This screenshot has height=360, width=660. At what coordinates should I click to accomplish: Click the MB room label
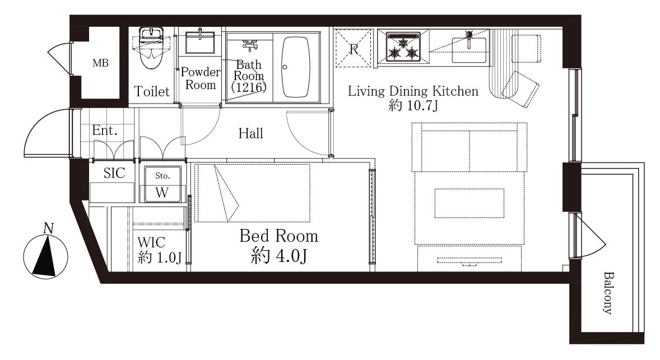[101, 63]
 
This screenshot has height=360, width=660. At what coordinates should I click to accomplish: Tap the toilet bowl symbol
[151, 48]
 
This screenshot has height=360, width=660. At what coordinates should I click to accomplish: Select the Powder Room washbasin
[200, 41]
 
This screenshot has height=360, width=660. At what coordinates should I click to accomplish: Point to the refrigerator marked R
[354, 48]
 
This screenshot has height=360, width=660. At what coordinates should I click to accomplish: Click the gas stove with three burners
[403, 46]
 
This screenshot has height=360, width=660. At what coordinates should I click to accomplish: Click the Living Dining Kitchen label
[413, 91]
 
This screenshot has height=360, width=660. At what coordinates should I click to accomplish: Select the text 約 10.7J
[413, 105]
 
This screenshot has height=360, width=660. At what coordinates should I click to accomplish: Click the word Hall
[250, 133]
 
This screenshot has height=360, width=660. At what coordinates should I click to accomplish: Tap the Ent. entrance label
[104, 130]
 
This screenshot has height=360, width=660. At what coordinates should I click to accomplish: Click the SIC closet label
[114, 173]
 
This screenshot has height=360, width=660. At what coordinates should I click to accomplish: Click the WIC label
[151, 242]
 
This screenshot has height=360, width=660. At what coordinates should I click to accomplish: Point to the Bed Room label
[278, 236]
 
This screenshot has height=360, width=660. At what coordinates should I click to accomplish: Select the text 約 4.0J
[278, 255]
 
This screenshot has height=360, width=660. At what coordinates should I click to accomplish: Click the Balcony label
[607, 293]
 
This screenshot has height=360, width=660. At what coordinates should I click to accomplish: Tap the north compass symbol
[45, 255]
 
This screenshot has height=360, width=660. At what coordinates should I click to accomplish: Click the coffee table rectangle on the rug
[470, 203]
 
